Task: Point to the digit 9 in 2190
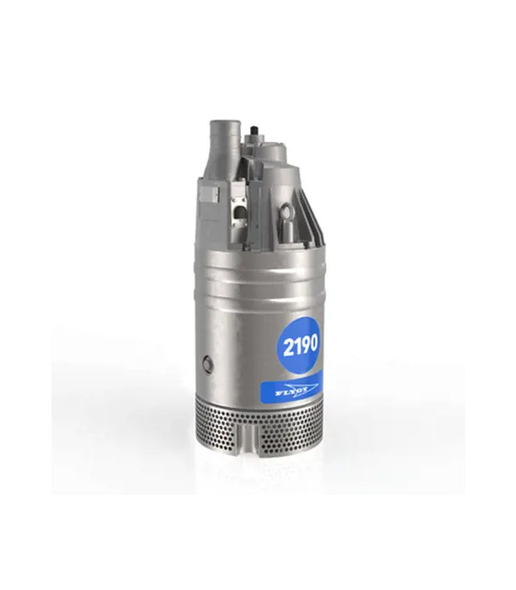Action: [304, 344]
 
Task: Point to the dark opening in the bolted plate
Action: [237, 212]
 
